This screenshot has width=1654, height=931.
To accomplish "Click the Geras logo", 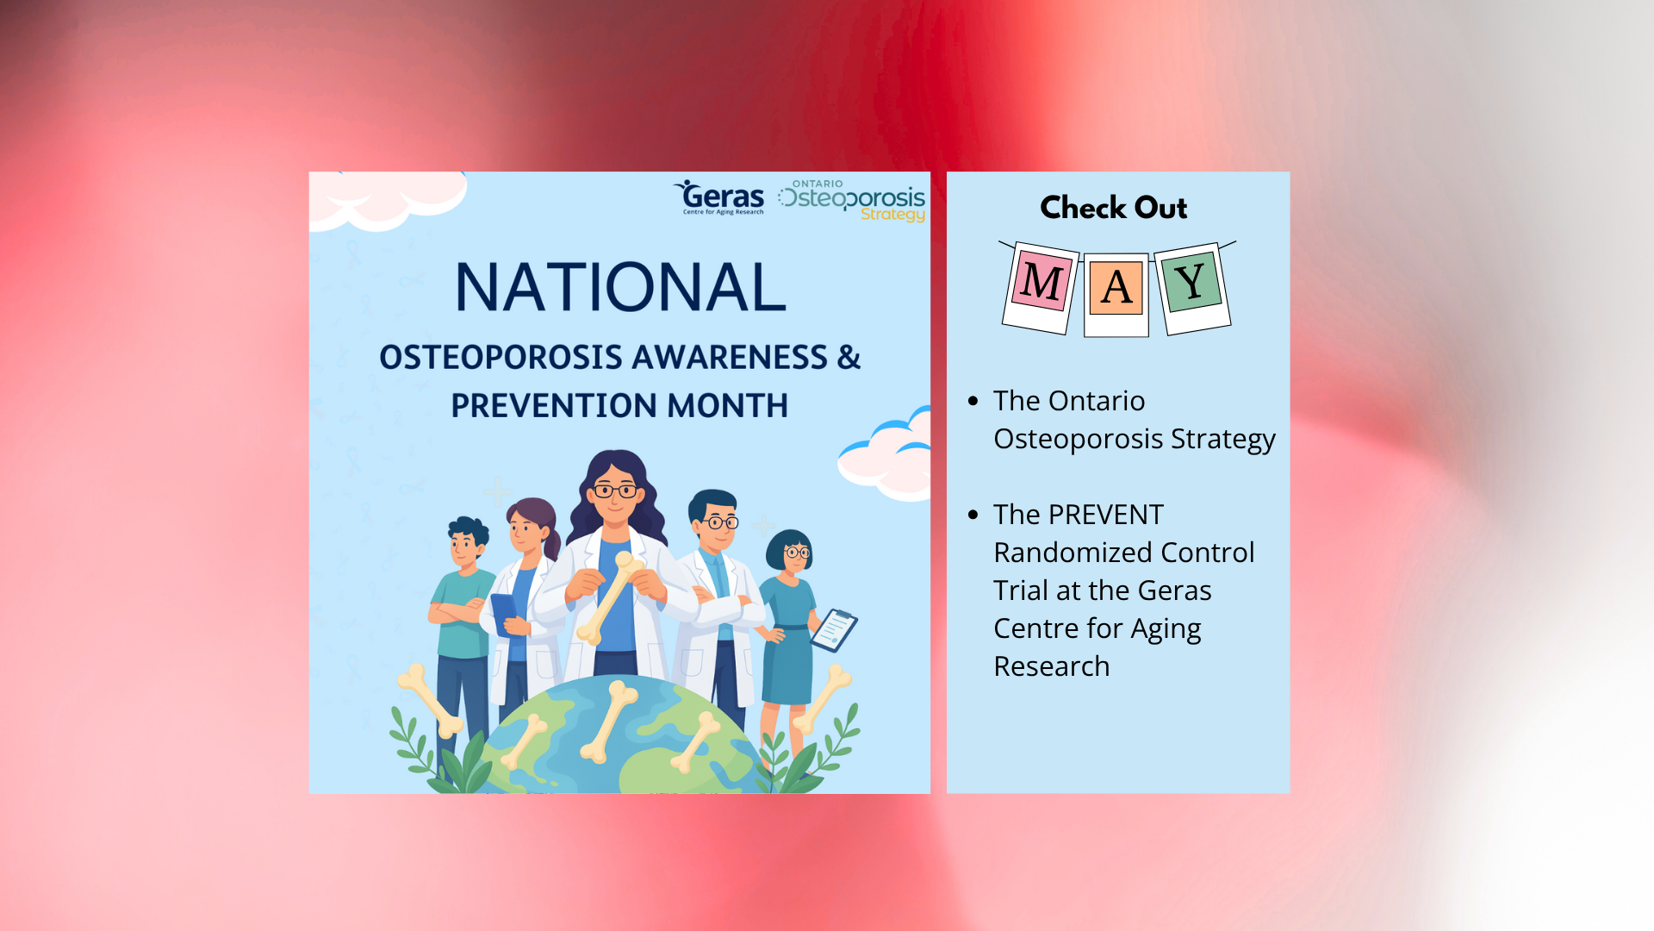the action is click(719, 197).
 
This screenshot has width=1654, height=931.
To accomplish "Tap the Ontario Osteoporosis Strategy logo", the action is click(852, 201).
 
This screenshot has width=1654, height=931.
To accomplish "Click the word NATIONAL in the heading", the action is click(620, 287).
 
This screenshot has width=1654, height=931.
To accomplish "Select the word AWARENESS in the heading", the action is click(730, 357).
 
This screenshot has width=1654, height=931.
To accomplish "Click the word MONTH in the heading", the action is click(728, 405).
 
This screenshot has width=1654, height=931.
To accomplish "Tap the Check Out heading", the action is click(1114, 208).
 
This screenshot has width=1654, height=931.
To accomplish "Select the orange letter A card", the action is click(1116, 294).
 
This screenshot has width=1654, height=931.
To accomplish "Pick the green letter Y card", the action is click(1192, 287).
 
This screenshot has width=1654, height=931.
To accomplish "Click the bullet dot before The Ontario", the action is click(973, 401).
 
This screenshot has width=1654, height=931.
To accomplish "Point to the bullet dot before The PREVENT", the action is click(973, 515).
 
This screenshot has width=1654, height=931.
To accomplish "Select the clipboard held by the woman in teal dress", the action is click(834, 630).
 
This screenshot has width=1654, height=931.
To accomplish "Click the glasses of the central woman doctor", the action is click(615, 491).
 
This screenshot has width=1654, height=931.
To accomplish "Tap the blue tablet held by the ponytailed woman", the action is click(505, 613).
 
